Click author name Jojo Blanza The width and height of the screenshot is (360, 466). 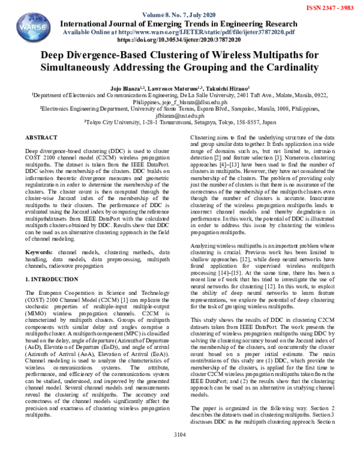coord(128,89)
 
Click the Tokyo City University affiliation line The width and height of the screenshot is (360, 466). coord(180,122)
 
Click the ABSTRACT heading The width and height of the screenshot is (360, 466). coord(41,138)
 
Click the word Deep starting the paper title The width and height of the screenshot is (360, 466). coord(55,55)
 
